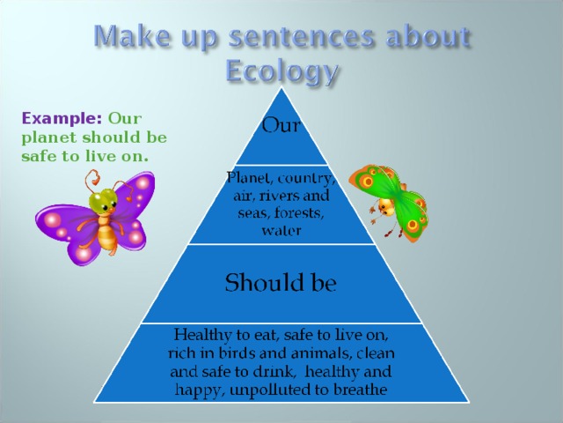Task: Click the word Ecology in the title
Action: point(281,70)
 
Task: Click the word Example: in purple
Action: point(62,118)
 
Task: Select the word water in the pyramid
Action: point(281,231)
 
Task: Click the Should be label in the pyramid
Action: point(281,284)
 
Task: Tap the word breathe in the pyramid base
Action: point(357,389)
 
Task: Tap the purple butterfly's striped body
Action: point(107,235)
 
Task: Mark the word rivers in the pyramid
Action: point(280,197)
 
